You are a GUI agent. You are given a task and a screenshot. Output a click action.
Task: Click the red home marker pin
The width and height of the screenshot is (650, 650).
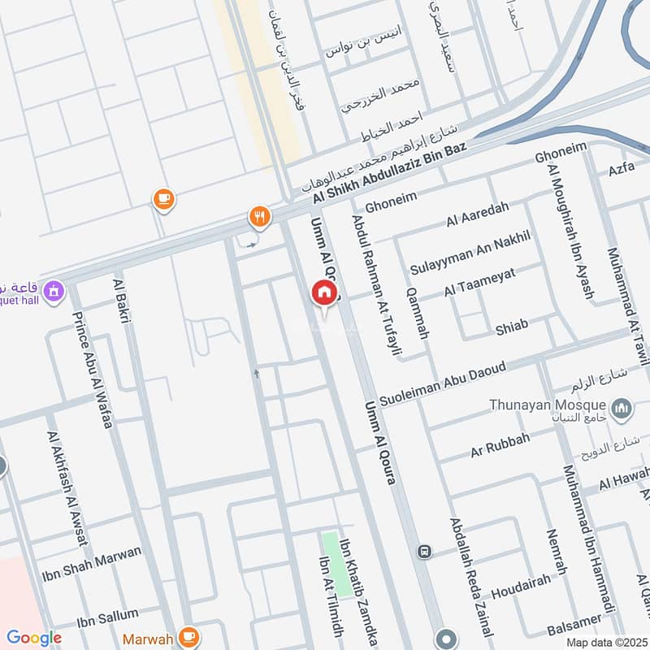coord(323,293)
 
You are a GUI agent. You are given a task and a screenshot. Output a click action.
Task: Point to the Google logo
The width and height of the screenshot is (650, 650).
coord(33,638)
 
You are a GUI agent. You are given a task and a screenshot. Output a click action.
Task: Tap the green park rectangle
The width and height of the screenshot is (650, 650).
coord(330,561)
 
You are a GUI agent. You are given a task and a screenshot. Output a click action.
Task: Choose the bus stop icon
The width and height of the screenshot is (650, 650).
coord(423,552)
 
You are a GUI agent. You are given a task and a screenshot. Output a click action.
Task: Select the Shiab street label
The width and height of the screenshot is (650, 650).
coord(512,326)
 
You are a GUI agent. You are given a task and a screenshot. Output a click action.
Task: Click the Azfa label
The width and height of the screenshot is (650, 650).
coord(621,170)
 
